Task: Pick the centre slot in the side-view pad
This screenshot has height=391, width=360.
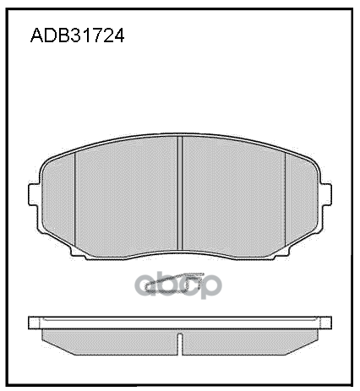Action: pyautogui.click(x=181, y=341)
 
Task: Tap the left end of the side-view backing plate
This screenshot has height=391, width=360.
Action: pyautogui.click(x=34, y=323)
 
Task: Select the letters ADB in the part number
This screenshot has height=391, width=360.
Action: pyautogui.click(x=46, y=36)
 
